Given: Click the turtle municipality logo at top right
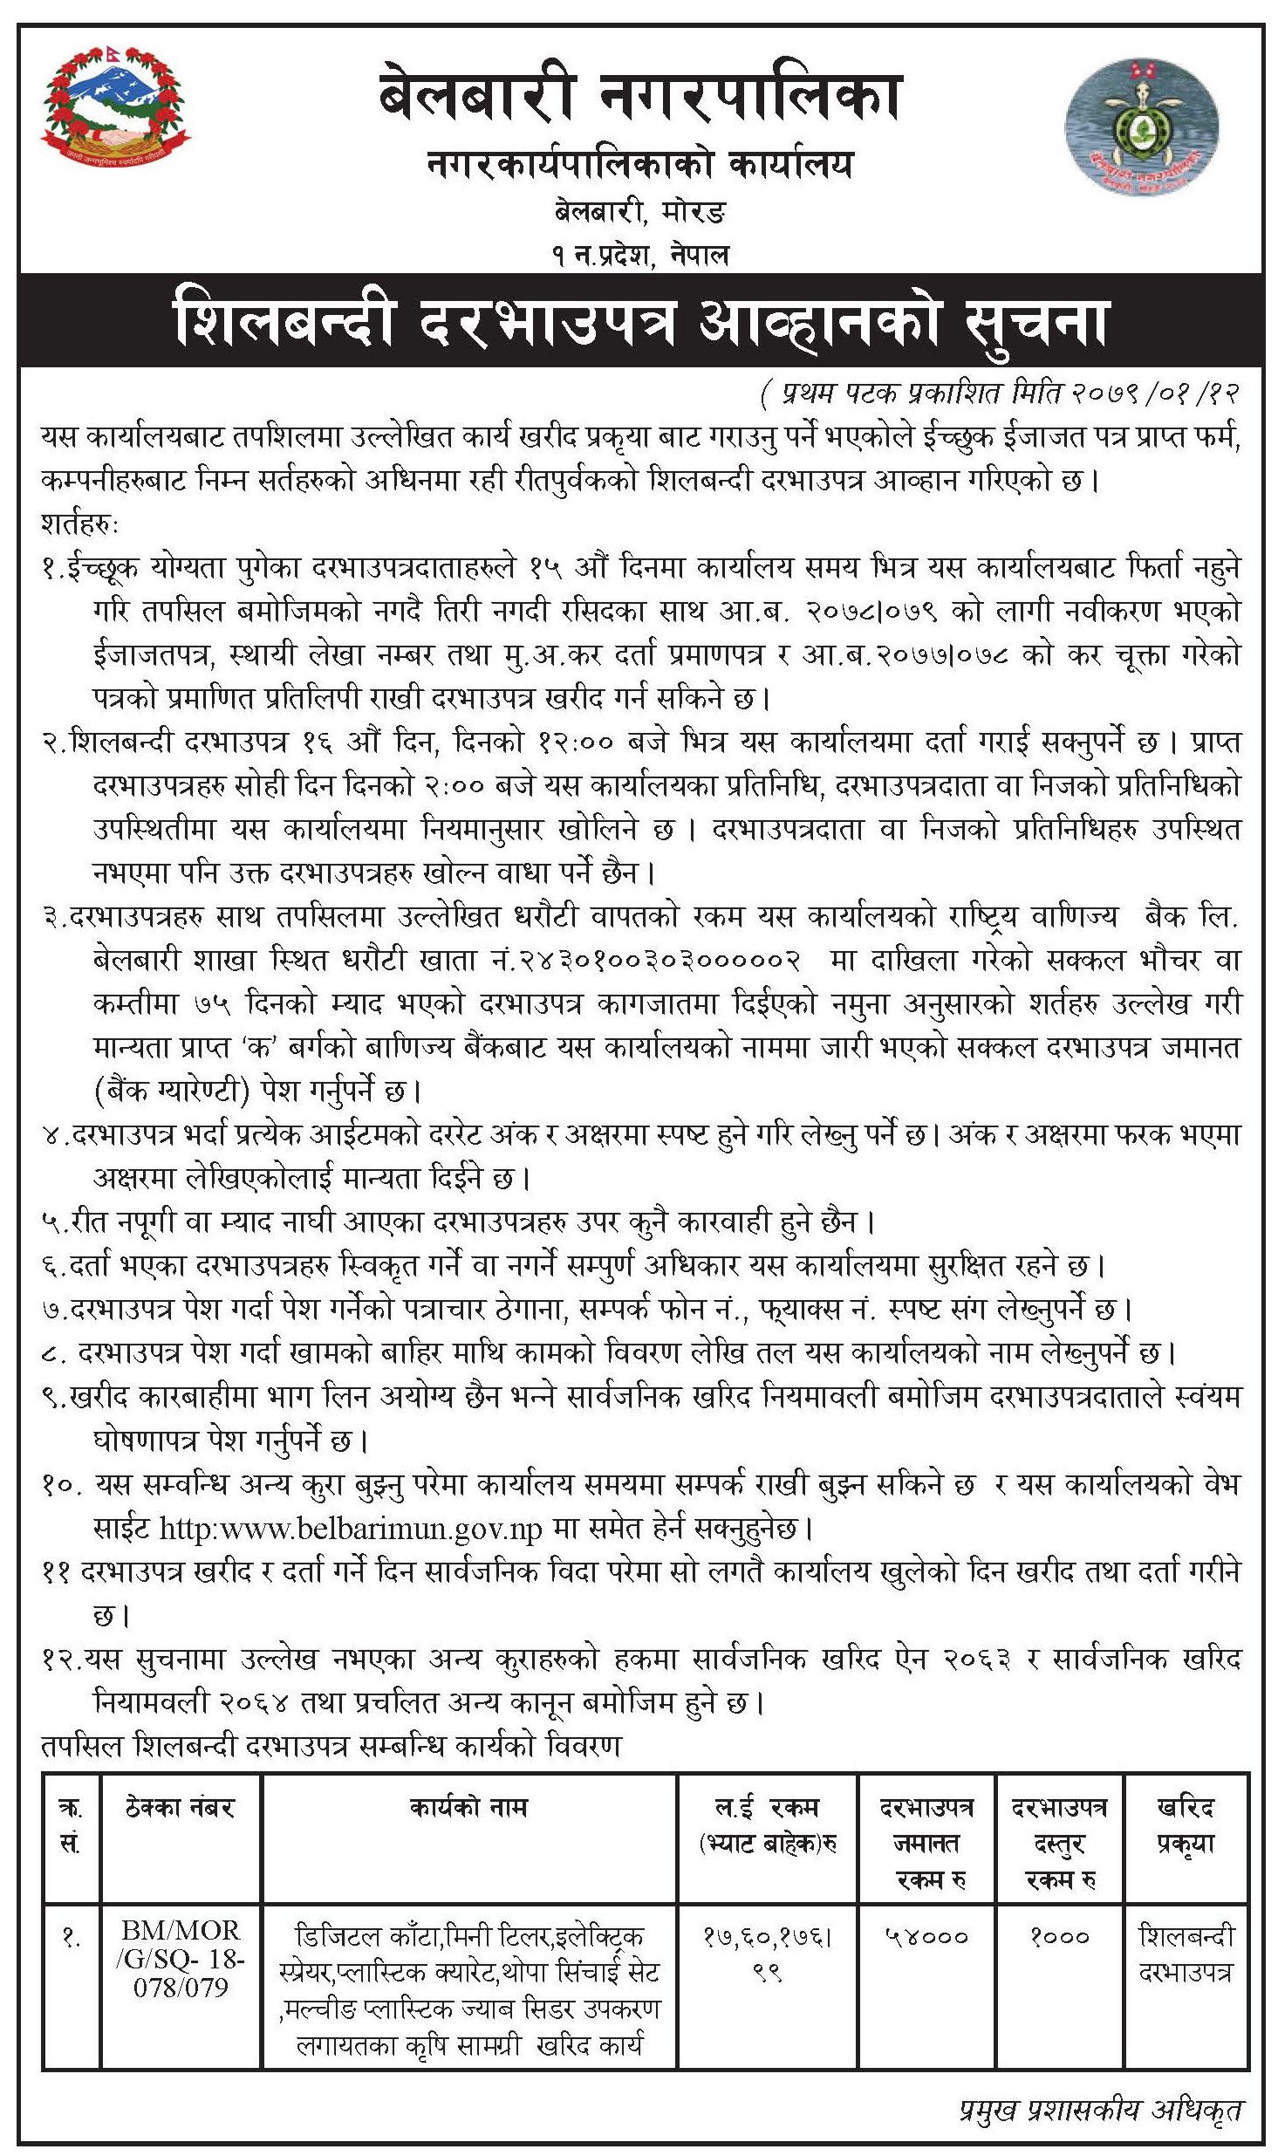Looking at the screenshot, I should pos(1141,129).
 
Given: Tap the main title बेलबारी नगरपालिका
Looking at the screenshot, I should pos(639,98).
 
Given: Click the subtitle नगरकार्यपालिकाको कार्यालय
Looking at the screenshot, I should pos(640,165).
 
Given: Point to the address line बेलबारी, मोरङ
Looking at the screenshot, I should pos(640,212).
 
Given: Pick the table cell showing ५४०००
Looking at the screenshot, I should pos(926,1937).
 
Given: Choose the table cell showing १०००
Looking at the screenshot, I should pos(1059,1937).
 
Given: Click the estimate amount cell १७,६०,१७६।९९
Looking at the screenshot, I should pos(768,1954).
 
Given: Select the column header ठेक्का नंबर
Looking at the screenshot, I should pos(181,1809).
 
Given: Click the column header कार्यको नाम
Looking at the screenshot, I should pos(469,1808).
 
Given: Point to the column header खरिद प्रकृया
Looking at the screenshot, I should pos(1186,1826).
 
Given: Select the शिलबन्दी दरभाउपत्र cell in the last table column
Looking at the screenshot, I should pos(1186,1954).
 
